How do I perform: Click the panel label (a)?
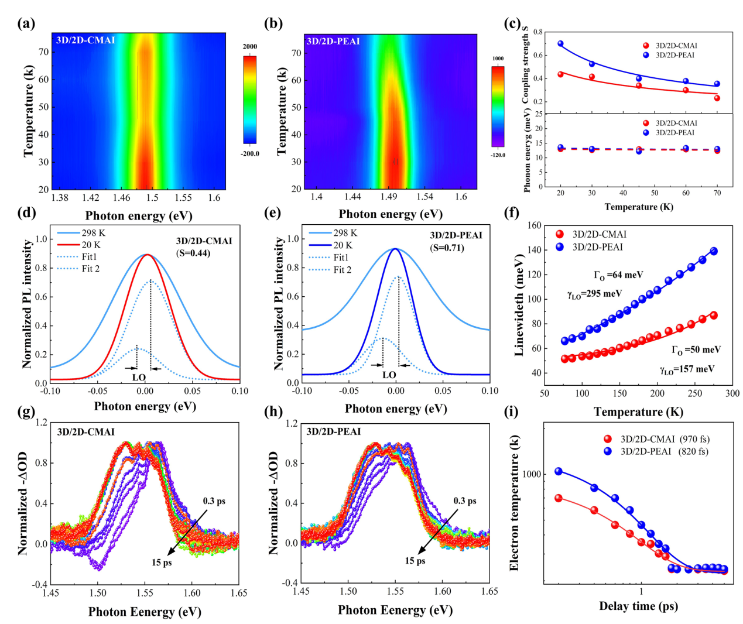pyautogui.click(x=26, y=24)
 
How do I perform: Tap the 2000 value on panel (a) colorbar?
pyautogui.click(x=250, y=47)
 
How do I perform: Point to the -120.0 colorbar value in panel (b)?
pyautogui.click(x=498, y=155)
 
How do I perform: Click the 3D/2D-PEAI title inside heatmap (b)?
pyautogui.click(x=333, y=42)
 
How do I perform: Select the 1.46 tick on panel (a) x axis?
pyautogui.click(x=122, y=198)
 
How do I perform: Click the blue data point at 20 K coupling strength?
pyautogui.click(x=560, y=44)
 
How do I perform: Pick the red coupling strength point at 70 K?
pyautogui.click(x=717, y=98)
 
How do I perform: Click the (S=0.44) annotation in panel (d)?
pyautogui.click(x=193, y=253)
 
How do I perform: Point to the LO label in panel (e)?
pyautogui.click(x=389, y=375)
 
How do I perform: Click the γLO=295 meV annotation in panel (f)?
pyautogui.click(x=595, y=294)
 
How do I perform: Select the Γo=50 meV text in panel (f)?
pyautogui.click(x=696, y=350)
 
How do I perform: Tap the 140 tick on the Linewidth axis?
pyautogui.click(x=533, y=250)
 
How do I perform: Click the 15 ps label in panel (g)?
pyautogui.click(x=162, y=563)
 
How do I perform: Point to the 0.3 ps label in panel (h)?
pyautogui.click(x=465, y=501)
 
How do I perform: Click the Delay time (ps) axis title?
pyautogui.click(x=638, y=606)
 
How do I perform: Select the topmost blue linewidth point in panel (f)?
pyautogui.click(x=714, y=251)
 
